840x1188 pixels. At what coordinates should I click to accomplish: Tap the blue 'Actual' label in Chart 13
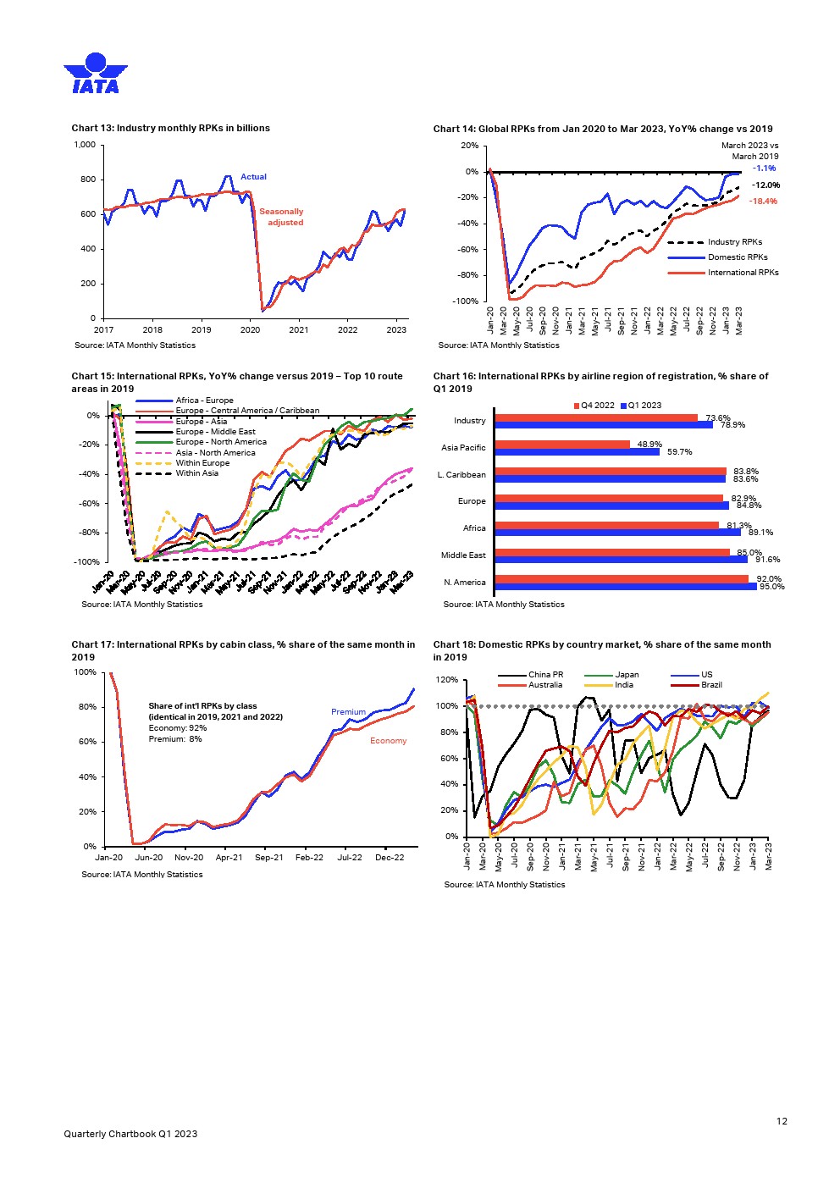[x=253, y=177]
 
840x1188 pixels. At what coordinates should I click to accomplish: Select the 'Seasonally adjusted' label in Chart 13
[x=282, y=217]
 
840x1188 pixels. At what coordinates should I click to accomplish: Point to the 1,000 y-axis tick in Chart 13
[x=85, y=145]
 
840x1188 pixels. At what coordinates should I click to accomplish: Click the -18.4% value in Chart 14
[x=763, y=202]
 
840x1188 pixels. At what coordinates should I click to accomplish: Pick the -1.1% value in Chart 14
[x=765, y=169]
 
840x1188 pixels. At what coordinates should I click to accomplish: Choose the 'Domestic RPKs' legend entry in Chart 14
[x=738, y=257]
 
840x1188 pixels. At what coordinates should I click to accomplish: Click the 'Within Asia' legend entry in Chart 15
[x=196, y=473]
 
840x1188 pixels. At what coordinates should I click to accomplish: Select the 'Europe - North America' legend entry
[x=221, y=442]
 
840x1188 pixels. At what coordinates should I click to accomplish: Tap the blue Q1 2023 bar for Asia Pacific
[x=577, y=452]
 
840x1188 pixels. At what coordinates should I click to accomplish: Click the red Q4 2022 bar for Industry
[x=596, y=417]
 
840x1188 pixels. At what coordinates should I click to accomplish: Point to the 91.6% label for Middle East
[x=768, y=560]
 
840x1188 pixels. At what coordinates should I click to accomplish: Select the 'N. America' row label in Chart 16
[x=465, y=583]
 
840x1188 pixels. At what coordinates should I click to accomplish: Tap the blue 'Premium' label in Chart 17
[x=348, y=712]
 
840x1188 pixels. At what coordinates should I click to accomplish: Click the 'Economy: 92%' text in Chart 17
[x=177, y=728]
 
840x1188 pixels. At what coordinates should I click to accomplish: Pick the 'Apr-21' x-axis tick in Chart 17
[x=229, y=858]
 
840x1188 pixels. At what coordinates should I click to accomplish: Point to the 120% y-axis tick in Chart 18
[x=447, y=680]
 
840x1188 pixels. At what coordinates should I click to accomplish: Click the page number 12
[x=782, y=1121]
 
